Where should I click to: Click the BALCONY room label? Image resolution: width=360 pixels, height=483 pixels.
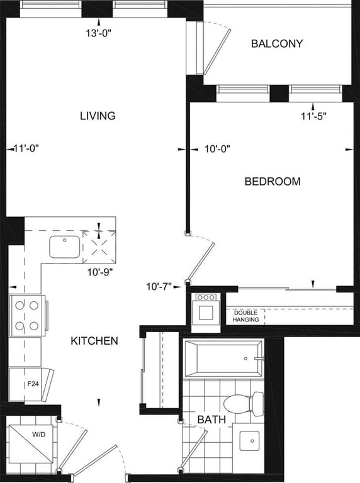click(277, 43)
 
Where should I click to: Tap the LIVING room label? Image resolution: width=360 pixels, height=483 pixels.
click(98, 116)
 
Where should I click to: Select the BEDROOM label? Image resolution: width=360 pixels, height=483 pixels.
click(273, 181)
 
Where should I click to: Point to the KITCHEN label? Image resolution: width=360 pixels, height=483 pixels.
click(94, 341)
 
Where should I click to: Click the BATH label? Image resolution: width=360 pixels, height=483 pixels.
click(211, 419)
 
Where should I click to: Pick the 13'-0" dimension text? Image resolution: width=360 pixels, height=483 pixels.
click(98, 33)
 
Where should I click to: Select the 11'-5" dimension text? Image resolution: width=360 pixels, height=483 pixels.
click(313, 116)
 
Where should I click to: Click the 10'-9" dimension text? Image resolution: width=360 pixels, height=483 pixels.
click(100, 272)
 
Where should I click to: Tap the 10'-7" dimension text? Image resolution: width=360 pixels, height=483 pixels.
click(159, 287)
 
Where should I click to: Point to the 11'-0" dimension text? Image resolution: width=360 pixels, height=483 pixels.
click(26, 148)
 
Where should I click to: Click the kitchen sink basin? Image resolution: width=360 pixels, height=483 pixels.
click(64, 247)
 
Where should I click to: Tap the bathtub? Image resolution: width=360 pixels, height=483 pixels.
click(223, 358)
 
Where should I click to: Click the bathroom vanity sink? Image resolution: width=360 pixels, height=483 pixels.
click(250, 441)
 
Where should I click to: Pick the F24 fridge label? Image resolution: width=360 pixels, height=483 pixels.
click(33, 384)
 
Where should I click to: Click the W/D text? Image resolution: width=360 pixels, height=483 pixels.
click(39, 435)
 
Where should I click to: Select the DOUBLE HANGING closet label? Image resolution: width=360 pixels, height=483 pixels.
click(245, 316)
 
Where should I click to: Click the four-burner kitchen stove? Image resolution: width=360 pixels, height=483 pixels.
click(28, 316)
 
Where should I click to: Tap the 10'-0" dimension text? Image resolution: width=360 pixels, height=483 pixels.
click(218, 149)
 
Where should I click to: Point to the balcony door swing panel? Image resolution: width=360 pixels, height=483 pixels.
click(217, 52)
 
